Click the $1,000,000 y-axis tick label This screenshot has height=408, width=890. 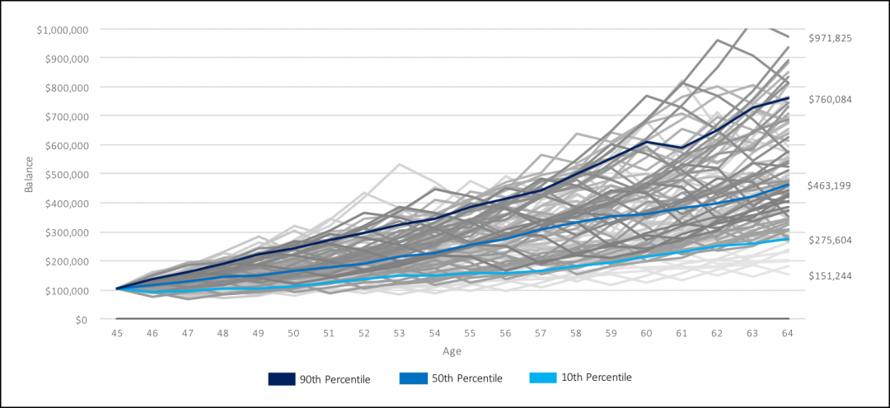63,30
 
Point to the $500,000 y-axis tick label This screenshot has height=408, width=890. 67,174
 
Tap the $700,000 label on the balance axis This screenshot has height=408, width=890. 67,116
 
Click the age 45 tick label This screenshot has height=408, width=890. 118,334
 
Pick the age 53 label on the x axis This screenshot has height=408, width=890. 399,334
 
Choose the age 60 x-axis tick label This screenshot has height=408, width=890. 645,334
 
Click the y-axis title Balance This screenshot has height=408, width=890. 29,174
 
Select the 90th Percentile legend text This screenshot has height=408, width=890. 335,379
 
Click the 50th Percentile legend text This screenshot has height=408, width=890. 466,378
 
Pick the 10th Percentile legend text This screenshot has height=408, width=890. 596,378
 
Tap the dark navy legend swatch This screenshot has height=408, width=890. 282,378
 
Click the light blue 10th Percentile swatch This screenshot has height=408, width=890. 541,378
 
